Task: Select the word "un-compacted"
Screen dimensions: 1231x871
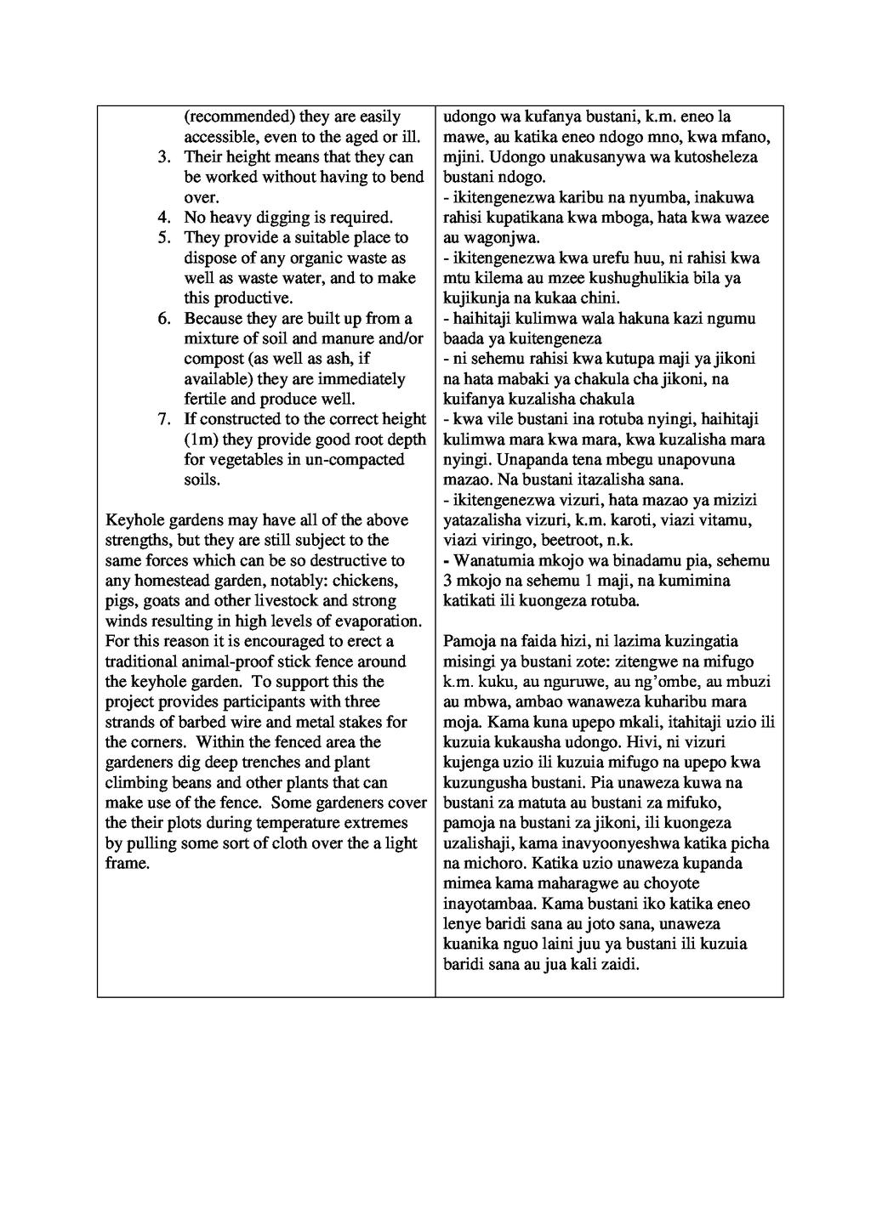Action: [x=358, y=460]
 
